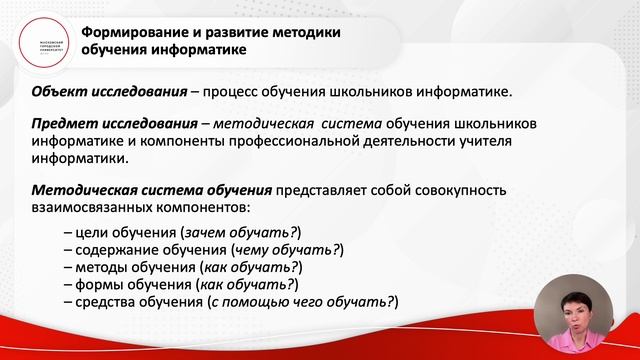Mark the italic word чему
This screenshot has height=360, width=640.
[251, 250]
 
